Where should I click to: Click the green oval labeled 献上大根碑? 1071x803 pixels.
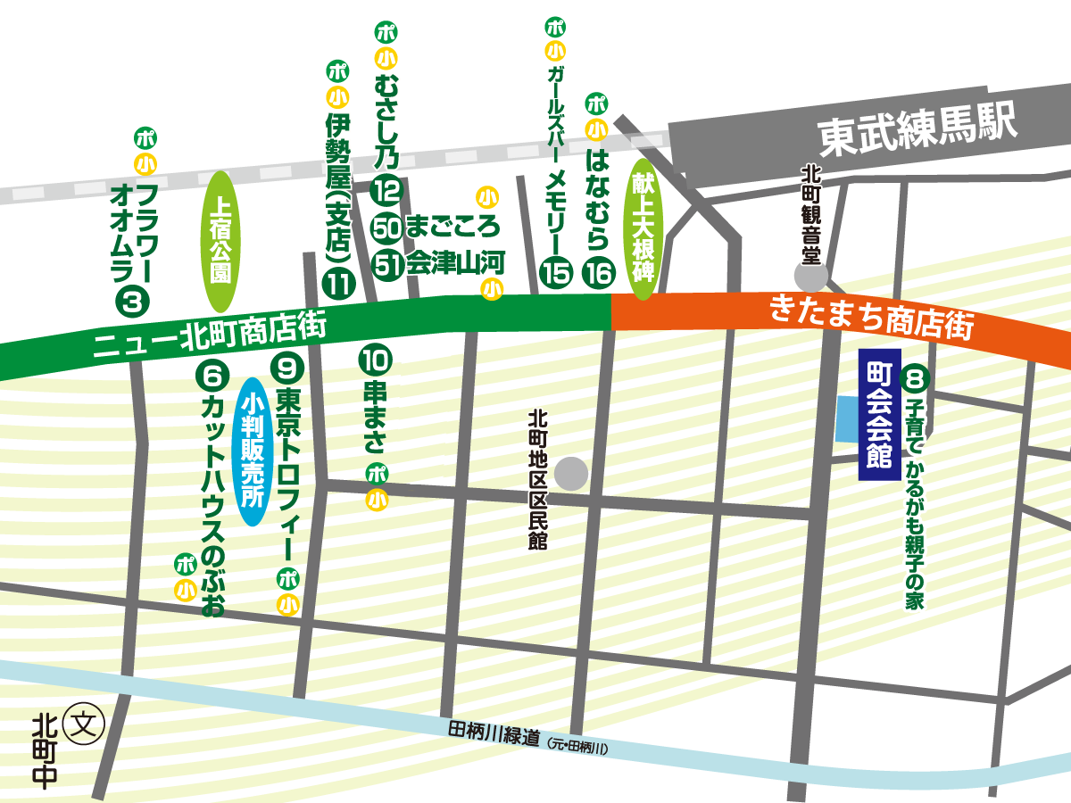pos(644,228)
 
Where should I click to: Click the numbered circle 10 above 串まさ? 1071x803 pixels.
pos(376,360)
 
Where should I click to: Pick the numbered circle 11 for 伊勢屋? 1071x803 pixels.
pos(339,284)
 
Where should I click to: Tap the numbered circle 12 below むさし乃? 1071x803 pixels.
pos(387,190)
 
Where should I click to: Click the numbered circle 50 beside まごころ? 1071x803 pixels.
pos(387,228)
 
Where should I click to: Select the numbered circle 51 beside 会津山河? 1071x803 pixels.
pos(387,265)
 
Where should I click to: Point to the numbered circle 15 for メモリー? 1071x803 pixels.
pos(555,272)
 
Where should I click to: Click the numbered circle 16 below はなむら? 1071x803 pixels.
pos(598,272)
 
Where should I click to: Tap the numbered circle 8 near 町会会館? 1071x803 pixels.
pos(915,378)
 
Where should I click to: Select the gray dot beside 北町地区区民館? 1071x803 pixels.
pos(571,474)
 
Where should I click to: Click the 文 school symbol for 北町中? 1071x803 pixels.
pos(87,719)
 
